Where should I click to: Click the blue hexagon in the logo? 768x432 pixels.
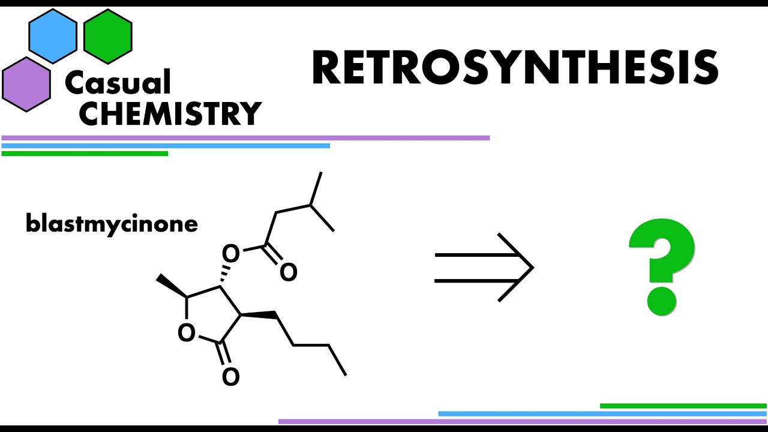53,36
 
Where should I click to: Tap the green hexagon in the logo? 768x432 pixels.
108,36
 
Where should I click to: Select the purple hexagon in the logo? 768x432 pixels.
26,84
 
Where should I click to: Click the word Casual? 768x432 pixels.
118,83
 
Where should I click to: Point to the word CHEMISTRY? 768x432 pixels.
170,114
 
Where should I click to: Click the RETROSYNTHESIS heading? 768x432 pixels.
515,68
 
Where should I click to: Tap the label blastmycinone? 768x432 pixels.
112,224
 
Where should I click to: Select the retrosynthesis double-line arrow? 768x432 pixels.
484,267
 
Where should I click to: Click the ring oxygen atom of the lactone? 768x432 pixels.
187,332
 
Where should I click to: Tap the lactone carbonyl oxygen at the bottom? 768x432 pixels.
230,377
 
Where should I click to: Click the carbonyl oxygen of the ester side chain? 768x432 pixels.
288,272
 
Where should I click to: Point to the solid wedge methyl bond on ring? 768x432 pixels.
172,287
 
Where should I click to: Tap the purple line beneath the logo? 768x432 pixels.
245,138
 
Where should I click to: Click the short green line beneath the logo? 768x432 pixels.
85,154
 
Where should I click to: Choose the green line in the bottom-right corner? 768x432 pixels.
683,406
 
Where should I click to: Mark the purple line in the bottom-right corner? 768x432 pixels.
522,421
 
